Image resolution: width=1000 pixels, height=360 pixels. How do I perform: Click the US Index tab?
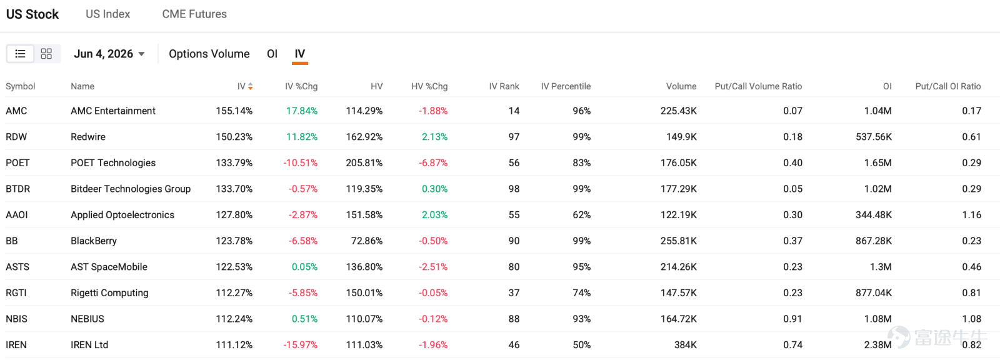pyautogui.click(x=107, y=14)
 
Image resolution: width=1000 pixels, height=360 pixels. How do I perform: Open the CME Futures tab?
pyautogui.click(x=194, y=14)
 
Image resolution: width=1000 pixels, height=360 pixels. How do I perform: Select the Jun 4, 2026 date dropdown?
pyautogui.click(x=109, y=54)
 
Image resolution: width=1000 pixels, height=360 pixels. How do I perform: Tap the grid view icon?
pyautogui.click(x=46, y=54)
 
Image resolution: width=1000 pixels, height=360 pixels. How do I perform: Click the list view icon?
pyautogui.click(x=20, y=54)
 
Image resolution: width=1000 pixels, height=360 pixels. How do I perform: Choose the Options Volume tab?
pyautogui.click(x=209, y=54)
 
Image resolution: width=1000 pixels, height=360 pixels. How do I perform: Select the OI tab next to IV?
pyautogui.click(x=272, y=54)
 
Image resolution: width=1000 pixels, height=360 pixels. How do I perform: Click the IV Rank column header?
pyautogui.click(x=504, y=86)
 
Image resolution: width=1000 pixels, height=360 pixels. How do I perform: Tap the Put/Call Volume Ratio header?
pyautogui.click(x=758, y=86)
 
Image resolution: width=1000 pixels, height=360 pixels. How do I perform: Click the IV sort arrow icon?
pyautogui.click(x=251, y=86)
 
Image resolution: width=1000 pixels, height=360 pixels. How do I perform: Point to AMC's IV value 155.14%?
pyautogui.click(x=234, y=111)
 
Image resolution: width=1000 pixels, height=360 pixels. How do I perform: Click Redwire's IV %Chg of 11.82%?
pyautogui.click(x=302, y=137)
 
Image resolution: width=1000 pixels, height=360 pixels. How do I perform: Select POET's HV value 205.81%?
pyautogui.click(x=364, y=162)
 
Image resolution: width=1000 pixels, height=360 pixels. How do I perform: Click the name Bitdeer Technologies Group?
pyautogui.click(x=131, y=189)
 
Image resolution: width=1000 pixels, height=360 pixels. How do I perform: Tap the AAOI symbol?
pyautogui.click(x=16, y=215)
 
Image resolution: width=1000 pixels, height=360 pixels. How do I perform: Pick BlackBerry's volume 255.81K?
pyautogui.click(x=679, y=241)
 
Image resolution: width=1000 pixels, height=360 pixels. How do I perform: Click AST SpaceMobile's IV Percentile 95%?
pyautogui.click(x=582, y=267)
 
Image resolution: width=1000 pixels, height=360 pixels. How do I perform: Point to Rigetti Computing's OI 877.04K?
pyautogui.click(x=874, y=292)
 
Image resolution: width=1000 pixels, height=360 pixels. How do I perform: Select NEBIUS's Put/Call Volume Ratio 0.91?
pyautogui.click(x=793, y=319)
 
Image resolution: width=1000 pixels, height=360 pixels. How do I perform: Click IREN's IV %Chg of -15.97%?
pyautogui.click(x=301, y=345)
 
